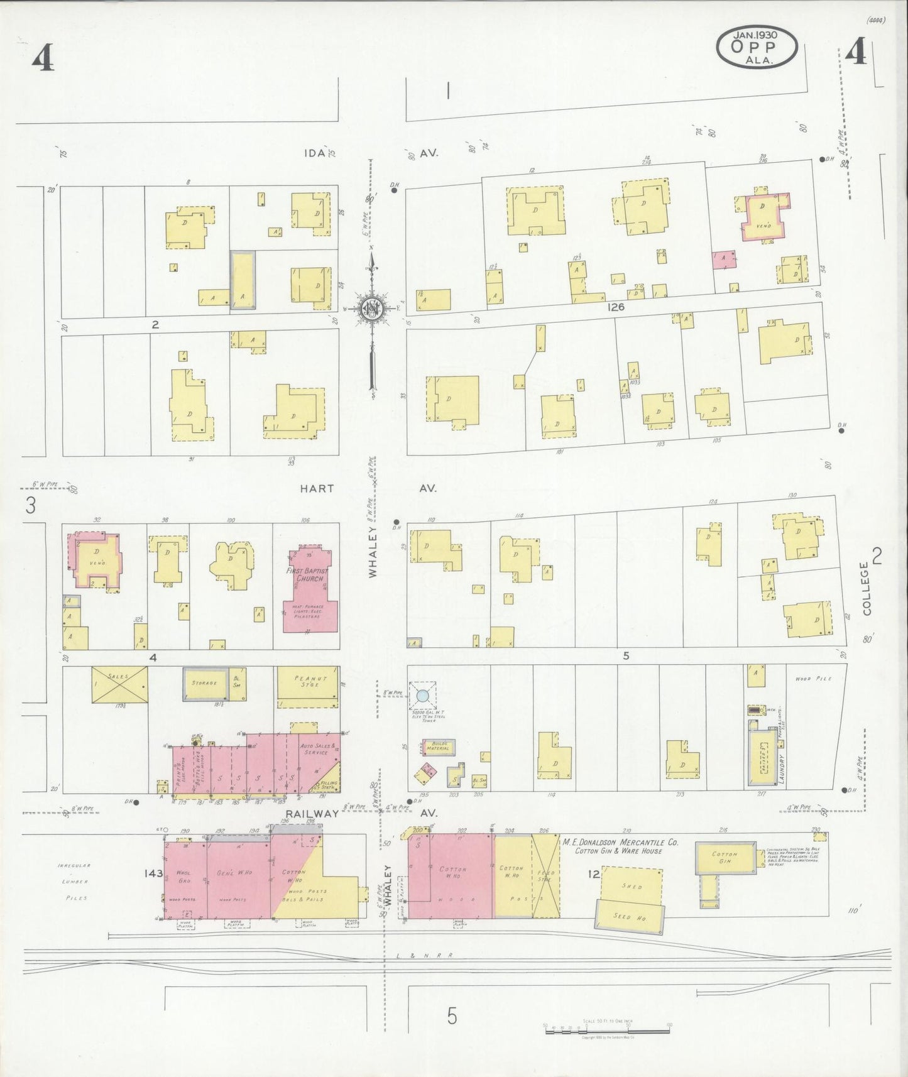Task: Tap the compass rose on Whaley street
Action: click(x=372, y=308)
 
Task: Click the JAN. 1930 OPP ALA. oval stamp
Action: click(x=757, y=48)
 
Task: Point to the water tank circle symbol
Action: click(x=423, y=695)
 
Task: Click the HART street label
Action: click(x=317, y=488)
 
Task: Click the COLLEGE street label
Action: click(x=868, y=589)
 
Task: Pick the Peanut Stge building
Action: click(x=308, y=682)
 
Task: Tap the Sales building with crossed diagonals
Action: click(x=119, y=684)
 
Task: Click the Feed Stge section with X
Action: click(x=545, y=876)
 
